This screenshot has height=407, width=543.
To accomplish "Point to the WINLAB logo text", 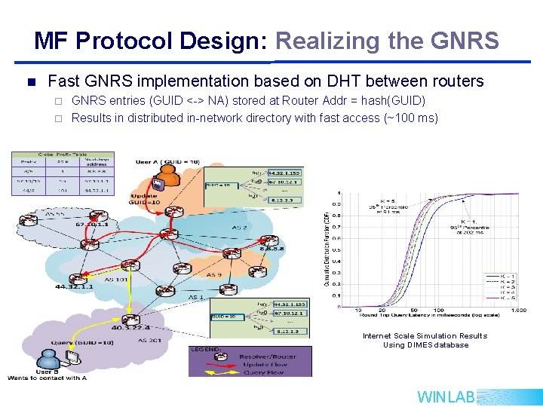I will click(446, 396).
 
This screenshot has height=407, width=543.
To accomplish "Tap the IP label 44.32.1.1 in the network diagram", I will click(71, 287).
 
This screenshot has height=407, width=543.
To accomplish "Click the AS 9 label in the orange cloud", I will click(215, 274).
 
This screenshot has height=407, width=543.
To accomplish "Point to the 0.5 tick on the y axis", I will click(336, 249).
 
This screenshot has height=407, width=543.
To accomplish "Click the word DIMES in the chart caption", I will click(419, 345).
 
